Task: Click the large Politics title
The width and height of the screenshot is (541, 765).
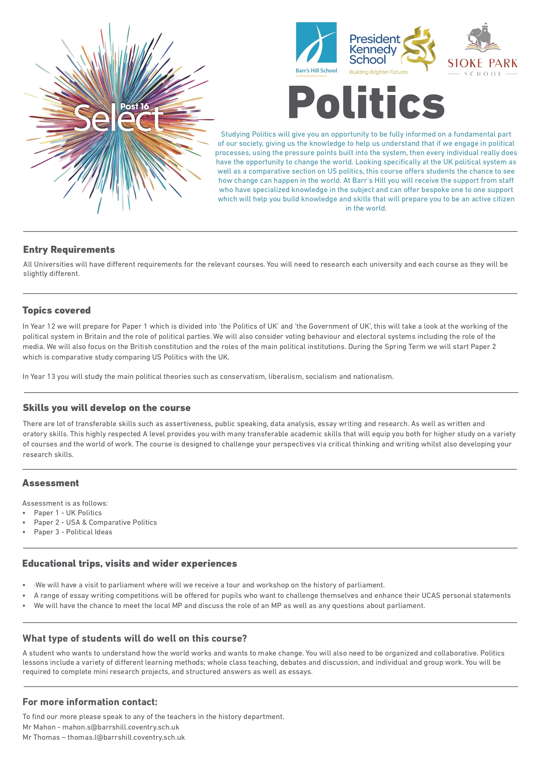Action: coord(366,102)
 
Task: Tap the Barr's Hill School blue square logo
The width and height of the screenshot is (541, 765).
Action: coord(316,42)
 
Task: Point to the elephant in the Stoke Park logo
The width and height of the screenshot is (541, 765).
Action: coord(481,37)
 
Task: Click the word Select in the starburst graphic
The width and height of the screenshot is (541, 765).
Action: coord(118,118)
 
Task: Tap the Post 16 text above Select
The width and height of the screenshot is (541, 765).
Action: coord(134,106)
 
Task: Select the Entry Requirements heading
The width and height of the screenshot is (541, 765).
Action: coord(69,249)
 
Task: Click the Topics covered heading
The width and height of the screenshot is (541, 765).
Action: coord(56,310)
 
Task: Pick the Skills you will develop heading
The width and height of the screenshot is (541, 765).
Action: coord(106,408)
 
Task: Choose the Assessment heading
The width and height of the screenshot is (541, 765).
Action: coord(51,483)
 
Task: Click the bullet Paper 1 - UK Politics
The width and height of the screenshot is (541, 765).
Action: coord(68,513)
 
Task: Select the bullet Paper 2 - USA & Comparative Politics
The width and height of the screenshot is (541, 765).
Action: coord(95,522)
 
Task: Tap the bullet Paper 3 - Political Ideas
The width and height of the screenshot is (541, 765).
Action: coord(73,532)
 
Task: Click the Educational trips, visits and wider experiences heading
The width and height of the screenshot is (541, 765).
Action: coord(129,563)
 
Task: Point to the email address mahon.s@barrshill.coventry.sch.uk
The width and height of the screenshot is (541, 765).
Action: coord(121,727)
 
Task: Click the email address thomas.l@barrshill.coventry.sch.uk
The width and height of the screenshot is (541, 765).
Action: coord(126,737)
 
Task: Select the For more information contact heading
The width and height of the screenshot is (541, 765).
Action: coord(90,702)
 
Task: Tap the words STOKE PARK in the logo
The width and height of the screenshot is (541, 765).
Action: coord(482,63)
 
